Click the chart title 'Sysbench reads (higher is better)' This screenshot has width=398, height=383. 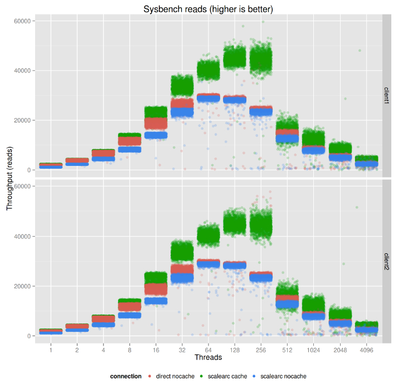tap(208, 9)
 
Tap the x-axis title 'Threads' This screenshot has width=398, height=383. tap(208, 357)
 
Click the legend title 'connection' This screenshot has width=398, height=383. tap(125, 376)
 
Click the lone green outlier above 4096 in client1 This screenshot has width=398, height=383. tap(360, 51)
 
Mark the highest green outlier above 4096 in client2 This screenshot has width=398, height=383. tap(357, 208)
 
